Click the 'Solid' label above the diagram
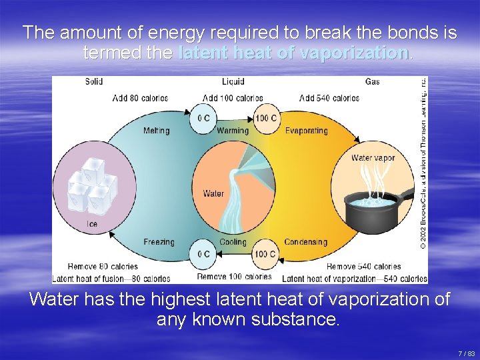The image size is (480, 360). tap(94, 82)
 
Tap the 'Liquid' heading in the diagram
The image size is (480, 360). tap(233, 82)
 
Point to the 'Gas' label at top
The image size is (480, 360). tap(372, 82)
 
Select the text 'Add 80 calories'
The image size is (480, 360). tap(141, 98)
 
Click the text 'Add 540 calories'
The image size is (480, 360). tap(329, 98)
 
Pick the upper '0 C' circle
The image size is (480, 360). tap(203, 119)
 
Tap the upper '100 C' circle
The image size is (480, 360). tap(265, 119)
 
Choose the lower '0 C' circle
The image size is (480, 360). tap(203, 254)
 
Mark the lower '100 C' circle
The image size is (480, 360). tap(265, 254)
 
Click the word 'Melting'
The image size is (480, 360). tap(156, 131)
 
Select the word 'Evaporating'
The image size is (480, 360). tap(306, 131)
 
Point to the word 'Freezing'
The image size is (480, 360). tap(159, 242)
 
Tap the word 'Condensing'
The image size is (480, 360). tap(305, 242)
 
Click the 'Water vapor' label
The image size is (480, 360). tap(373, 159)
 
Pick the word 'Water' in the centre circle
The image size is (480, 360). tap(213, 194)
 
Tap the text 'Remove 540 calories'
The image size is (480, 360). tap(364, 267)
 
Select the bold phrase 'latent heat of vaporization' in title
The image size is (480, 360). tap(294, 53)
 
